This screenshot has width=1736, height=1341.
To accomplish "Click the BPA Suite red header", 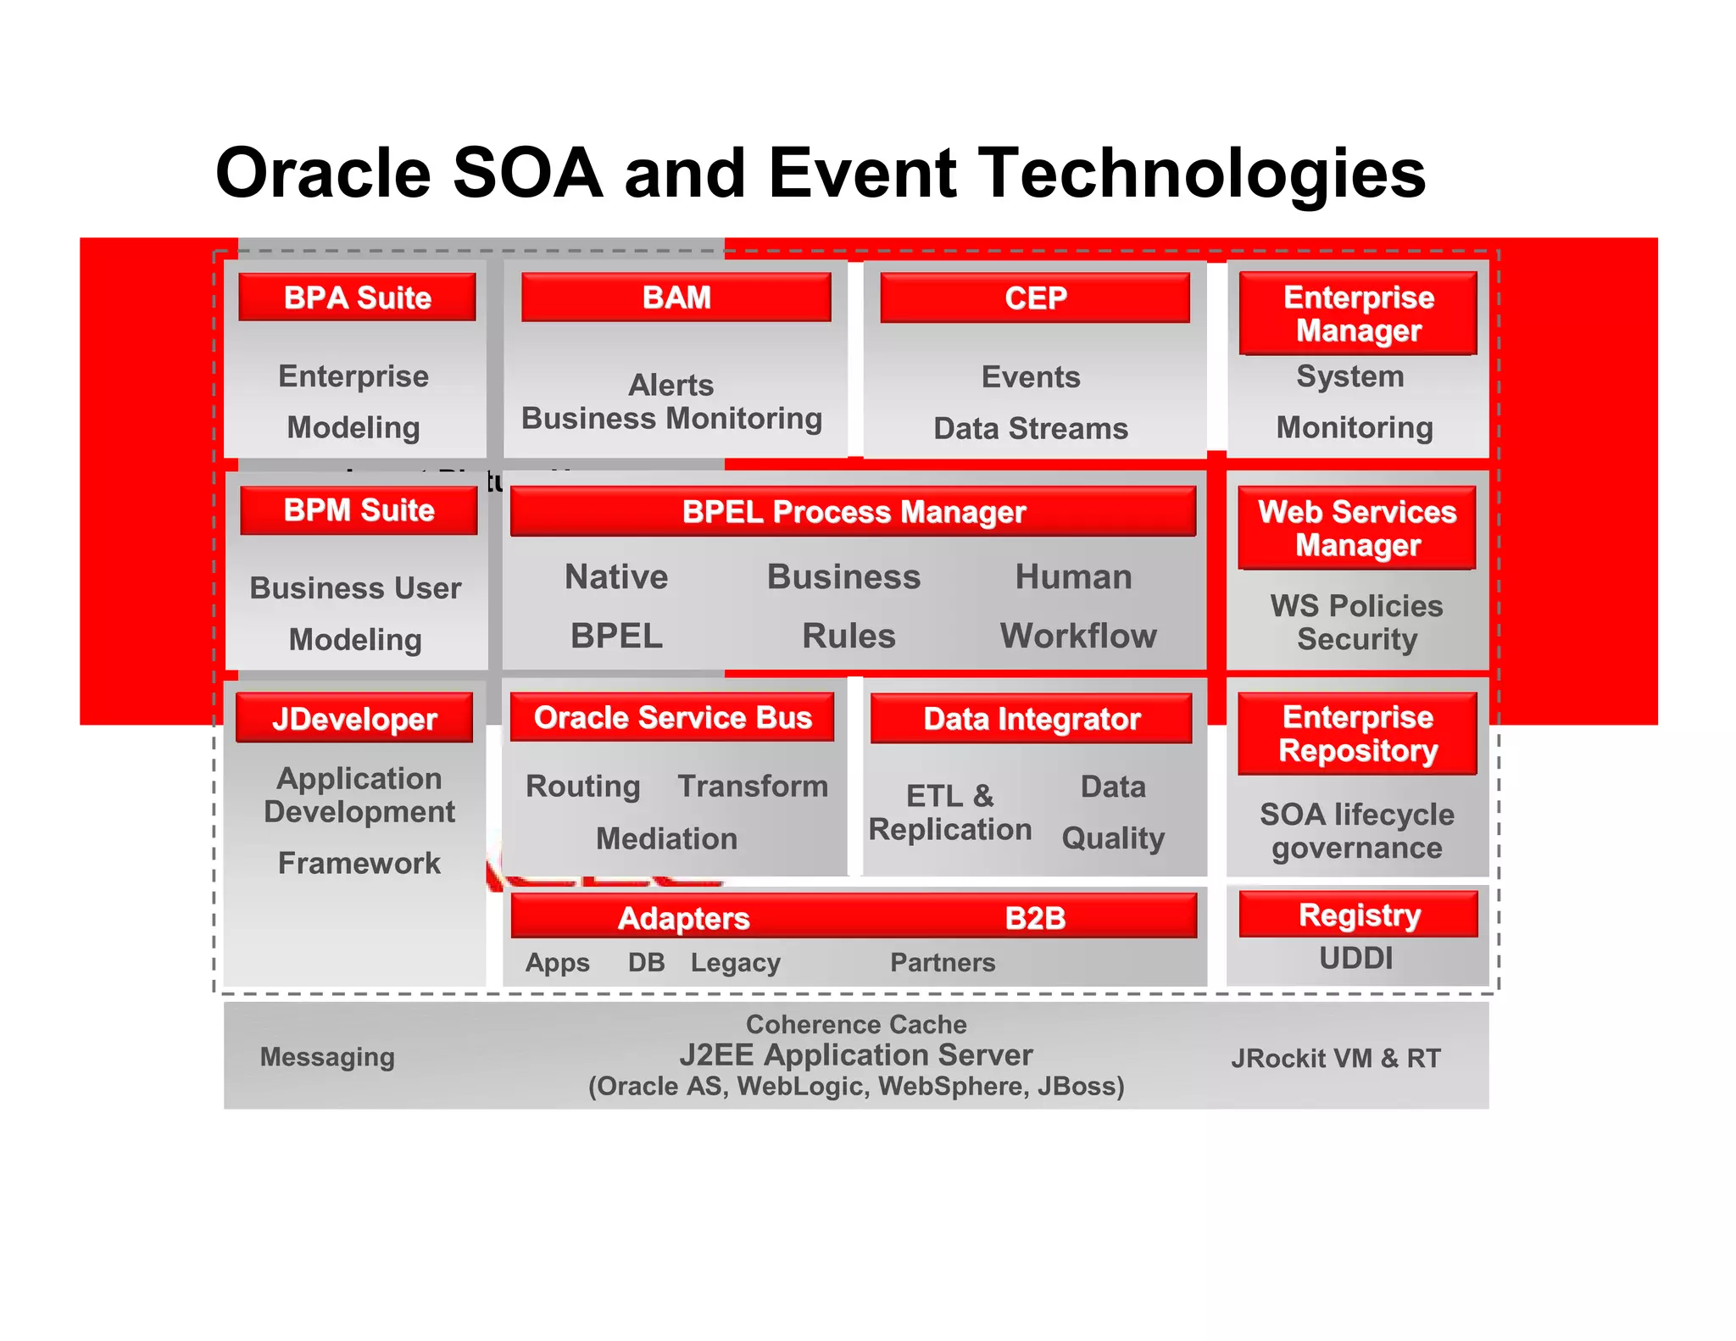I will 357,298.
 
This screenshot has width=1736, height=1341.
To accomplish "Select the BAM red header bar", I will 676,298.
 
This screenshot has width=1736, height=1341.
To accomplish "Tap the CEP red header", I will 1035,298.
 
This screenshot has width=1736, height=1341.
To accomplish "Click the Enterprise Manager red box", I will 1358,314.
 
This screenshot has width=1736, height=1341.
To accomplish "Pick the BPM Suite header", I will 359,510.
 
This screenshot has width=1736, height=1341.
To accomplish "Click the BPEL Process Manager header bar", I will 853,512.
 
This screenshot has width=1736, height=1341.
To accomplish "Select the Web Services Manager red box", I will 1357,528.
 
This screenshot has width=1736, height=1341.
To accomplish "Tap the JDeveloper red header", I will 354,719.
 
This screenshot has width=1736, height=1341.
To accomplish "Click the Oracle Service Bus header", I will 672,718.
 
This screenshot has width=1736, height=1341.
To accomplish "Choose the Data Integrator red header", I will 1031,719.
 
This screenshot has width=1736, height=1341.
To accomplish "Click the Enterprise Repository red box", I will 1357,734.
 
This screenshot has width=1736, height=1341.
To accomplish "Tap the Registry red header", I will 1359,915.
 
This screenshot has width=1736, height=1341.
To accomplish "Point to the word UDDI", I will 1355,959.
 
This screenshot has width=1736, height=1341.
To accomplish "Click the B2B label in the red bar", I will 1035,918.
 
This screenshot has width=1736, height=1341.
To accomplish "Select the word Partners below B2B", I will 943,963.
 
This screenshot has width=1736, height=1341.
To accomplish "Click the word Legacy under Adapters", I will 735,963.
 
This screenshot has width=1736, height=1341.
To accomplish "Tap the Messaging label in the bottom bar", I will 327,1057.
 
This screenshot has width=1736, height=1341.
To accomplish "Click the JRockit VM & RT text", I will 1336,1059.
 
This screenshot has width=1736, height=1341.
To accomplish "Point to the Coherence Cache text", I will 856,1025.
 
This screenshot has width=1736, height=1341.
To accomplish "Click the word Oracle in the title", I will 324,173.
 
